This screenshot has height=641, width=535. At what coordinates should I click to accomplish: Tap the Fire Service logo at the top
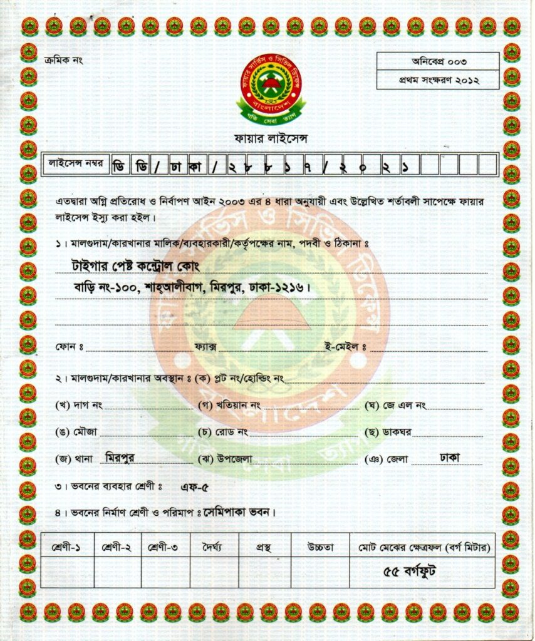coord(267,88)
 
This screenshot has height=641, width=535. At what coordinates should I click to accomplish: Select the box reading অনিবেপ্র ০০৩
coord(438,62)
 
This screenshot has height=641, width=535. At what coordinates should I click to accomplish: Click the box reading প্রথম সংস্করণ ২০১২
coord(438,80)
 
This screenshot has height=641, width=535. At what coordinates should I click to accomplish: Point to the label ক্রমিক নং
coord(64,60)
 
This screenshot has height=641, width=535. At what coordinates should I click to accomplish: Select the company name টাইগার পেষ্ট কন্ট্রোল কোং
coord(152,265)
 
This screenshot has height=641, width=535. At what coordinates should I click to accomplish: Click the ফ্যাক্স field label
coord(206,346)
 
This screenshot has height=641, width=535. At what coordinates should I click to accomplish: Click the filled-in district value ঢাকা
coord(450,457)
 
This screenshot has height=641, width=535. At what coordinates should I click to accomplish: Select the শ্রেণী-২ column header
coord(117,546)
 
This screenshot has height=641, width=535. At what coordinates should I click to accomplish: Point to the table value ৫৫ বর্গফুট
coord(409,571)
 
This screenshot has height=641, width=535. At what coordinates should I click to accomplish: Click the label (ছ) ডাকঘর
coord(388,433)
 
